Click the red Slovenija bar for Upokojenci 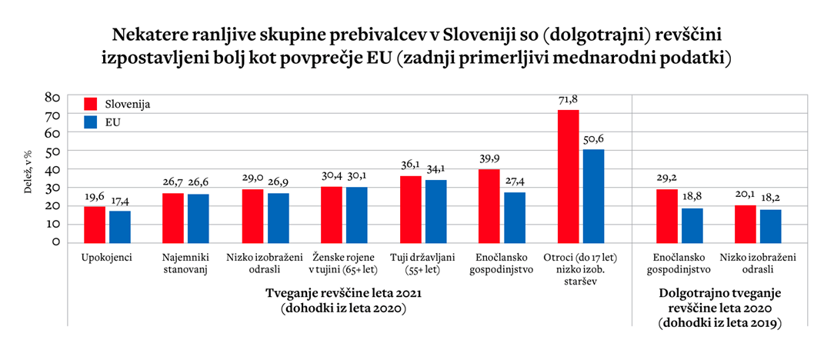(95, 224)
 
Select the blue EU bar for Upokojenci (120, 226)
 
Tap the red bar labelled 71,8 (568, 176)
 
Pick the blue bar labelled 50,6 (594, 195)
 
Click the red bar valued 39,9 (489, 205)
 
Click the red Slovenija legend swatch (90, 103)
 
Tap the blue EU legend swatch (90, 121)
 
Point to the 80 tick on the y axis (53, 97)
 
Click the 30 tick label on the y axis (53, 188)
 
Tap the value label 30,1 (357, 178)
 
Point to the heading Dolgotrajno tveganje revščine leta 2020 (720, 301)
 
